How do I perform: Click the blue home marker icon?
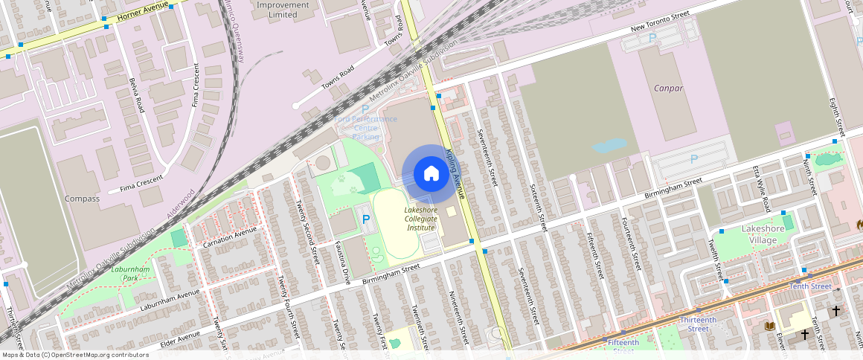pyautogui.click(x=431, y=174)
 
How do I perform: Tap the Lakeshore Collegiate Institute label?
pyautogui.click(x=420, y=219)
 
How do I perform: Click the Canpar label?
pyautogui.click(x=668, y=88)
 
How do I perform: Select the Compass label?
pyautogui.click(x=82, y=199)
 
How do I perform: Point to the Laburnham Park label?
pyautogui.click(x=131, y=274)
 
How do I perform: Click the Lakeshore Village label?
pyautogui.click(x=763, y=234)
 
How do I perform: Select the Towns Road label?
pyautogui.click(x=337, y=75)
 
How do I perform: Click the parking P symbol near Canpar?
pyautogui.click(x=694, y=158)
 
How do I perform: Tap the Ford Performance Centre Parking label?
pyautogui.click(x=365, y=127)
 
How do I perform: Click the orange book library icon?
pyautogui.click(x=769, y=326)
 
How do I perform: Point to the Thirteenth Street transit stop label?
pyautogui.click(x=698, y=324)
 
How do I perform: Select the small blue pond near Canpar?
pyautogui.click(x=609, y=144)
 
